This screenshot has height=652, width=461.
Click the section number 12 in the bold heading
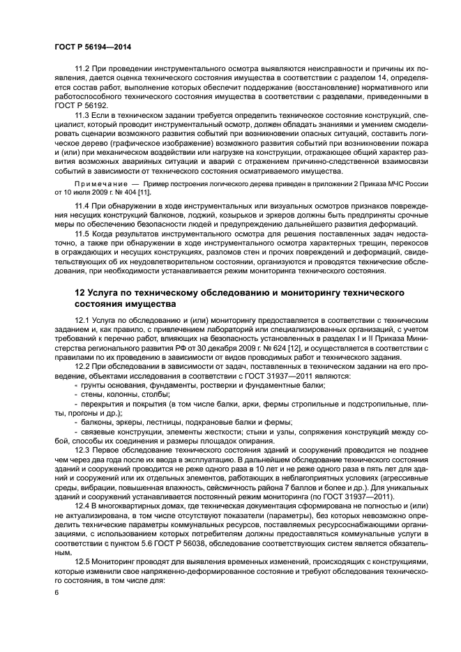[x=80, y=291]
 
